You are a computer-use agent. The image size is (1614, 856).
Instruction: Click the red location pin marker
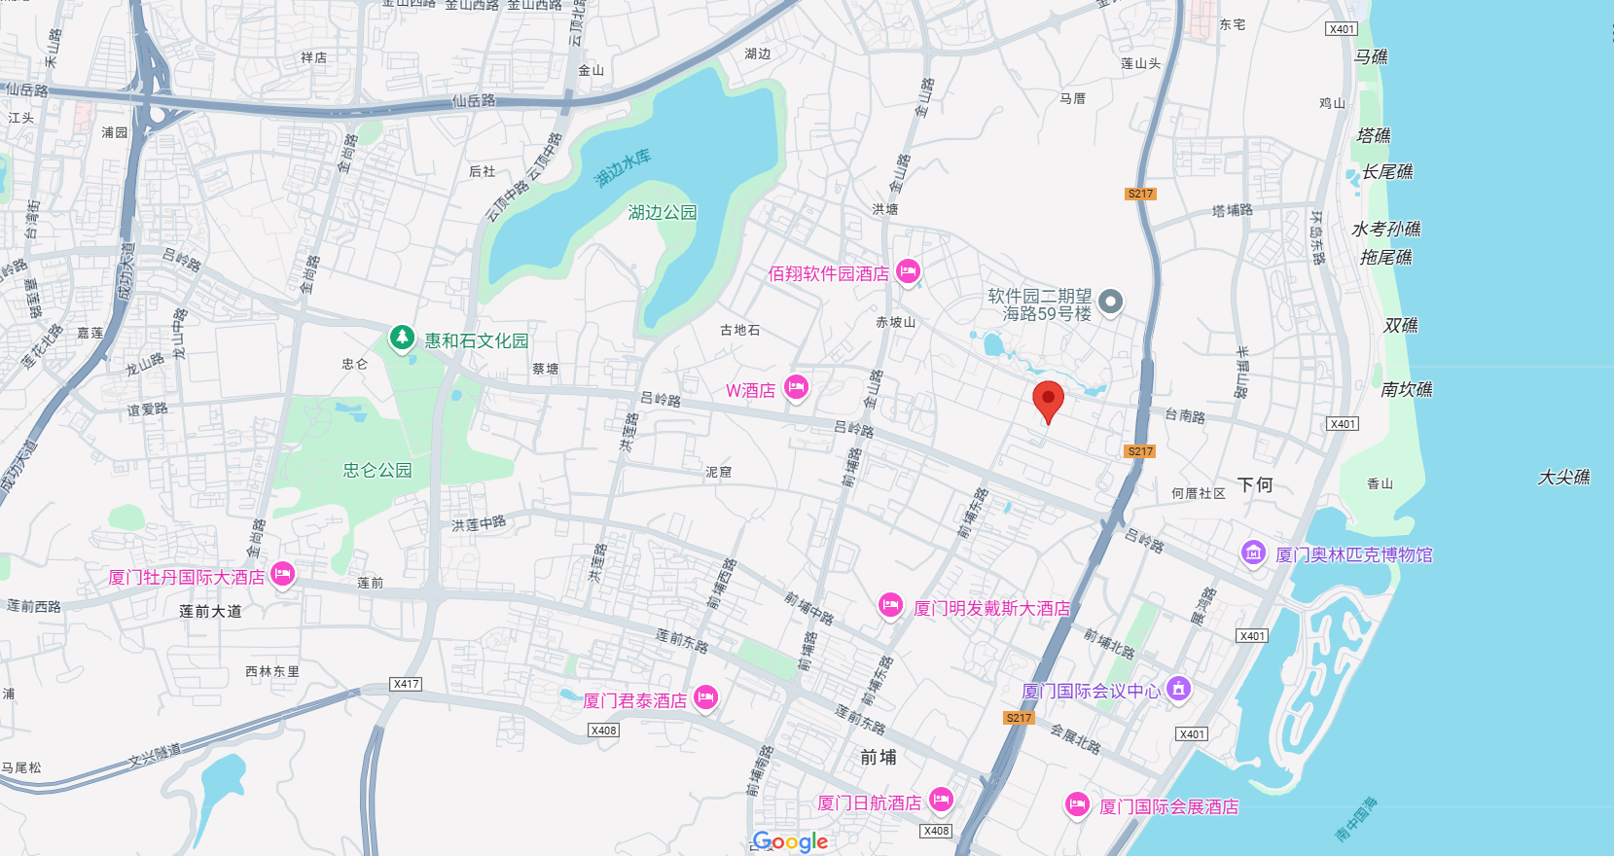pos(1048,399)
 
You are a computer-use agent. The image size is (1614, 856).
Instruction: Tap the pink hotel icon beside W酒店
pos(797,387)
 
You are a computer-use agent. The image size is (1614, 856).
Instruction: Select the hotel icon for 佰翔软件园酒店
pos(908,270)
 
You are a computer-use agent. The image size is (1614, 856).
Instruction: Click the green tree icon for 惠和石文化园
pos(402,338)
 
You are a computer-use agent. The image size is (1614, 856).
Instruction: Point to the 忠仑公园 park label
pos(377,471)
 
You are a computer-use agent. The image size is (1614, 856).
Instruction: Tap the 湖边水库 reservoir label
pos(623,167)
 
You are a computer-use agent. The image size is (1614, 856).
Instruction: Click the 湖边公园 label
pos(663,212)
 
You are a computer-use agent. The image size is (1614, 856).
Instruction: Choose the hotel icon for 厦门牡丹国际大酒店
pos(282,574)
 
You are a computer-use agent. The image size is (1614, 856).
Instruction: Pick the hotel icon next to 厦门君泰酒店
pos(705,696)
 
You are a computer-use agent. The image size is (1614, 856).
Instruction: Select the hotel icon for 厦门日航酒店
pos(940,800)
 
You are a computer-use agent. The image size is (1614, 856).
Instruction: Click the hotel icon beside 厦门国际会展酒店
pos(1076,804)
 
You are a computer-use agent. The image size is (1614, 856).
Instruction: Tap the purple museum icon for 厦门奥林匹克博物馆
pos(1253,553)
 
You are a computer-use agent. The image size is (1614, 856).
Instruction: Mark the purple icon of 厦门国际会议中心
pos(1179,689)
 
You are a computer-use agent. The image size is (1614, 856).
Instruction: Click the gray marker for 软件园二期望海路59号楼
pos(1110,302)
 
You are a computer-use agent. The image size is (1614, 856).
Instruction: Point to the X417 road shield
pos(406,684)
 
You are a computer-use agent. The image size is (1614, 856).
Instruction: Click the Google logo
pos(790,841)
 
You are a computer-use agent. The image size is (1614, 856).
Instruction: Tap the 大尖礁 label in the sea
pos(1563,478)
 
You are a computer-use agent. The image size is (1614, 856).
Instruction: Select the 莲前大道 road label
pos(210,611)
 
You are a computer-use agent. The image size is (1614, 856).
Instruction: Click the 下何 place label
pos(1255,484)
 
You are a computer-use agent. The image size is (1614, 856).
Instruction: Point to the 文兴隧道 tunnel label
pos(156,754)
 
